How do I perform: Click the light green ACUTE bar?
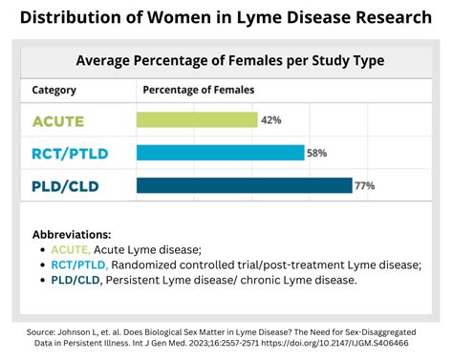point(197,120)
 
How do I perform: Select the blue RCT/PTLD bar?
point(220,153)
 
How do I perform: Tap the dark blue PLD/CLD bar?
point(244,185)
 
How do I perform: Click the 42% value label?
point(271,120)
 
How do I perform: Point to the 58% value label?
point(318,153)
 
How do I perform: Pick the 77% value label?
point(364,185)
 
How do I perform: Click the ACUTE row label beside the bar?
point(59,120)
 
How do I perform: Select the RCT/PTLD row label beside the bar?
point(68,153)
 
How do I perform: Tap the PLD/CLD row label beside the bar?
point(68,185)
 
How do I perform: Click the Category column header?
point(54,90)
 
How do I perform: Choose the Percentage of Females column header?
point(199,90)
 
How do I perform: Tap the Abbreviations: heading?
point(72,234)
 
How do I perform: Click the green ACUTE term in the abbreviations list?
point(72,249)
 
